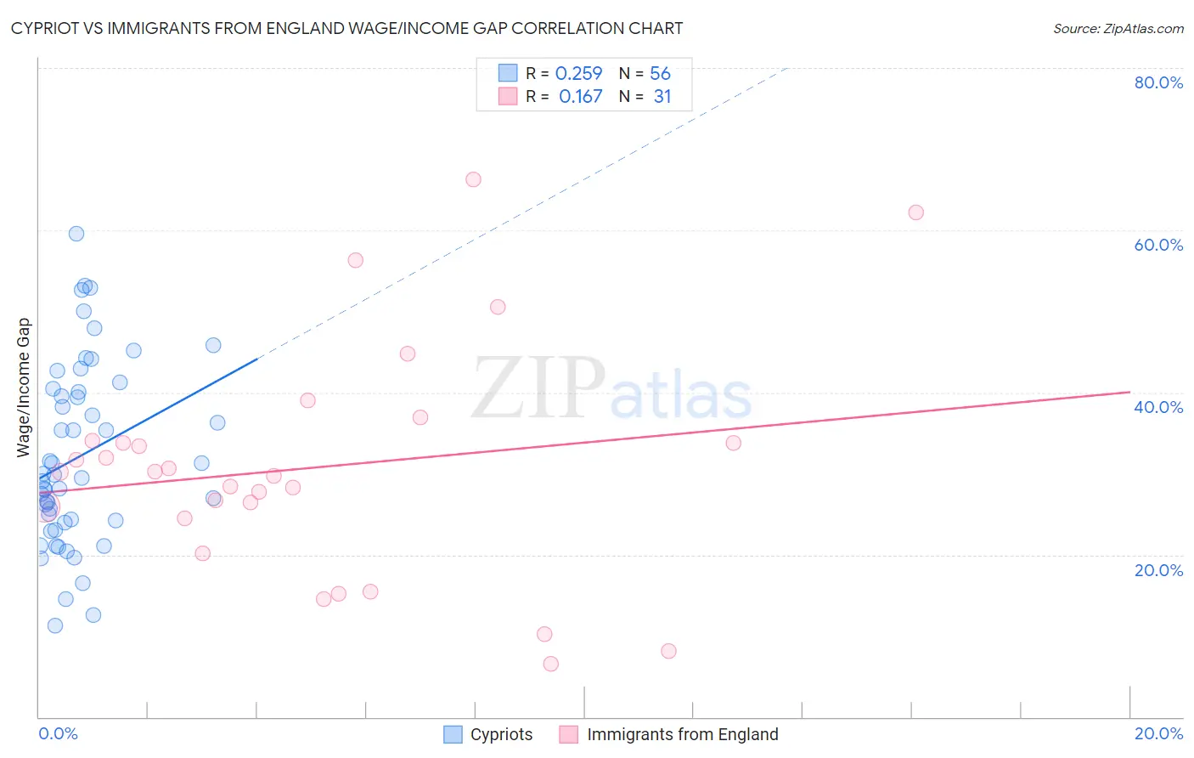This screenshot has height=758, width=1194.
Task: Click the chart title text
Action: tap(346, 29)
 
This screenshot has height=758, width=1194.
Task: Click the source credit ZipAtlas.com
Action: tap(1118, 29)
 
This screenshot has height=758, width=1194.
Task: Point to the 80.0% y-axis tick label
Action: tap(1158, 82)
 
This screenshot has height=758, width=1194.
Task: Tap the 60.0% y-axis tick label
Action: tap(1158, 245)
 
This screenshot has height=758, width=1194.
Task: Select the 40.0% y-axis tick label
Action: tap(1158, 407)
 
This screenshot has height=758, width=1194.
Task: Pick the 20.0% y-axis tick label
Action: tap(1158, 570)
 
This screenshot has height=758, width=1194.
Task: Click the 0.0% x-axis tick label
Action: tap(58, 733)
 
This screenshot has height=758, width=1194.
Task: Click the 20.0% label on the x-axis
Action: tap(1158, 733)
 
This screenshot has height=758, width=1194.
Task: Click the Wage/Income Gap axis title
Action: tap(24, 387)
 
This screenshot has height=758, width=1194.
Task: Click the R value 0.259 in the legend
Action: tap(578, 74)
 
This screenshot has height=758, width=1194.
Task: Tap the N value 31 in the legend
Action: tap(662, 97)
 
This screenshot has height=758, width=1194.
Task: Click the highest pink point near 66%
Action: tap(473, 179)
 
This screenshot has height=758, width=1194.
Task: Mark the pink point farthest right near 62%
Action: tap(915, 212)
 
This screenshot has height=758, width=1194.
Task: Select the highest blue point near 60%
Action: tap(76, 234)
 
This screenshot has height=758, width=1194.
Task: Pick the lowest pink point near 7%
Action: tap(551, 664)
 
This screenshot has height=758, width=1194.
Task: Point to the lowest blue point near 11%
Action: tap(55, 625)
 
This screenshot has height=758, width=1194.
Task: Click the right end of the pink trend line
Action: tap(1129, 392)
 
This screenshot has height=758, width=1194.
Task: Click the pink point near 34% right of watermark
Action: tap(734, 443)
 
